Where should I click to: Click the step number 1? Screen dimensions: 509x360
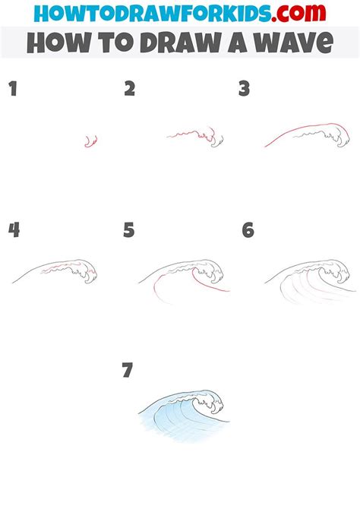click(12, 90)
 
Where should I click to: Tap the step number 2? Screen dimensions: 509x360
click(130, 90)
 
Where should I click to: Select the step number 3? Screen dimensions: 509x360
click(244, 90)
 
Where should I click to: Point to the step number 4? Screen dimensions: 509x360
click(13, 229)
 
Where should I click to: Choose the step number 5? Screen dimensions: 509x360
click(129, 229)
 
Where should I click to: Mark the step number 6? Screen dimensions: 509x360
click(248, 229)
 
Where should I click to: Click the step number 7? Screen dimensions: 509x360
click(127, 370)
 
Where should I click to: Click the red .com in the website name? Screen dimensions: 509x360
click(299, 13)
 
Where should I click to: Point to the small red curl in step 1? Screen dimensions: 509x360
click(91, 141)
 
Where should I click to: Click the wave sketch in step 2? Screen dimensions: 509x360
click(197, 138)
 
